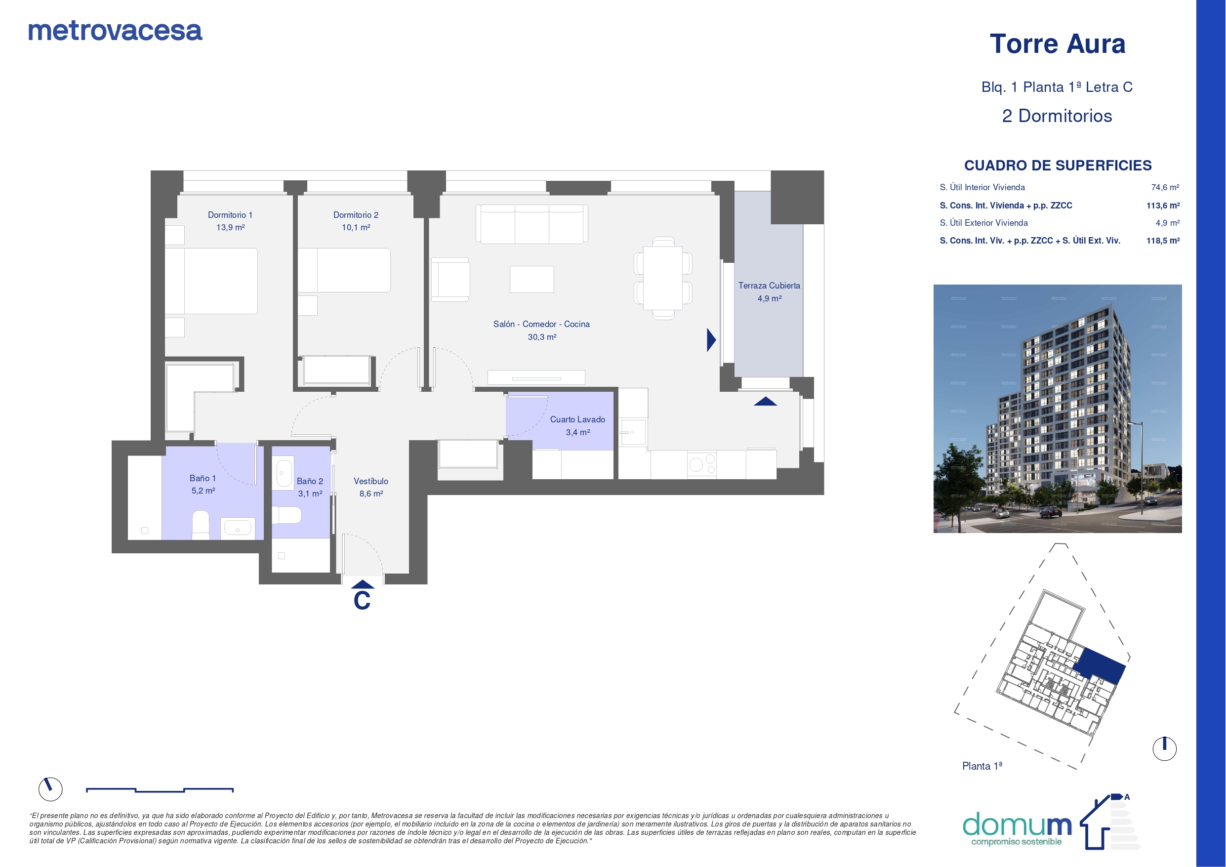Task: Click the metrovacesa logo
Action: coord(115,31)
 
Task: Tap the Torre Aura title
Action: coord(1057,44)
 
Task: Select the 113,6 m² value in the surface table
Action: coord(1163,206)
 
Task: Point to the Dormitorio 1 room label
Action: coord(230,215)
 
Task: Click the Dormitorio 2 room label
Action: coord(356,215)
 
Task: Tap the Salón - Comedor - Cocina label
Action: coord(541,324)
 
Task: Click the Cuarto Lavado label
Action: coord(577,420)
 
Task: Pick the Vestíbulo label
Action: coord(370,481)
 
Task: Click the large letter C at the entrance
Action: coord(362,600)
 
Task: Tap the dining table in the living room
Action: coord(663,278)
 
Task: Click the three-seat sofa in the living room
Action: coord(532,224)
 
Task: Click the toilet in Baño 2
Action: coord(287,515)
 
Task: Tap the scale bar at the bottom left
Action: coord(160,790)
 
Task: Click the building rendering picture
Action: coord(1057,409)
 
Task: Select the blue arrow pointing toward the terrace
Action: coord(711,340)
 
